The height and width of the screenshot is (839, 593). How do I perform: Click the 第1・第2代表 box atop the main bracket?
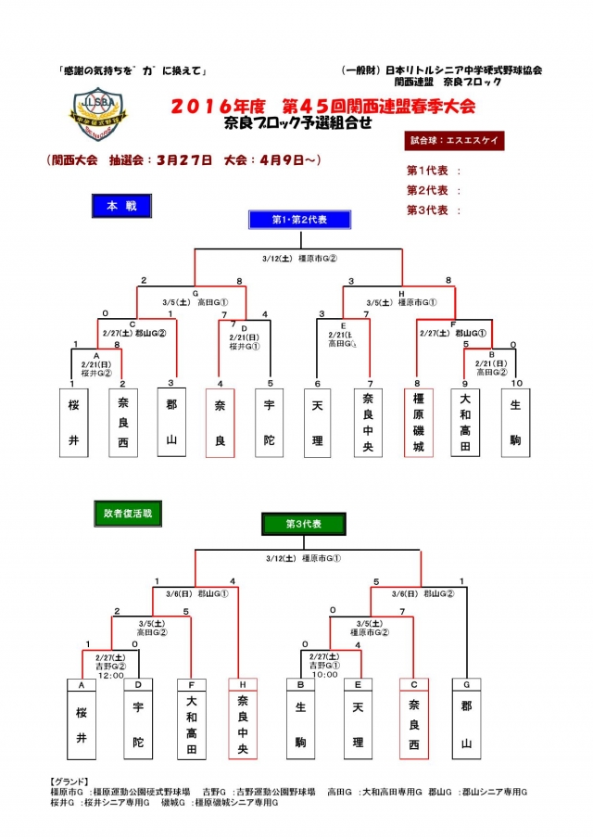(x=298, y=219)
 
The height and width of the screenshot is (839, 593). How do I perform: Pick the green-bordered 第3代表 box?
(x=298, y=524)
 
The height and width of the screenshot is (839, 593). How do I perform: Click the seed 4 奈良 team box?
(x=220, y=424)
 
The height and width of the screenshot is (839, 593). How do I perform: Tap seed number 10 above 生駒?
(x=515, y=383)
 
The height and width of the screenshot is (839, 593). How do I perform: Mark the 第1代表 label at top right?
(x=427, y=171)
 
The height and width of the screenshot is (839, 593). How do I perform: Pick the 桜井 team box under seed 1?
(x=73, y=424)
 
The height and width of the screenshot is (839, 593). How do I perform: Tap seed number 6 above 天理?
(x=319, y=383)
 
